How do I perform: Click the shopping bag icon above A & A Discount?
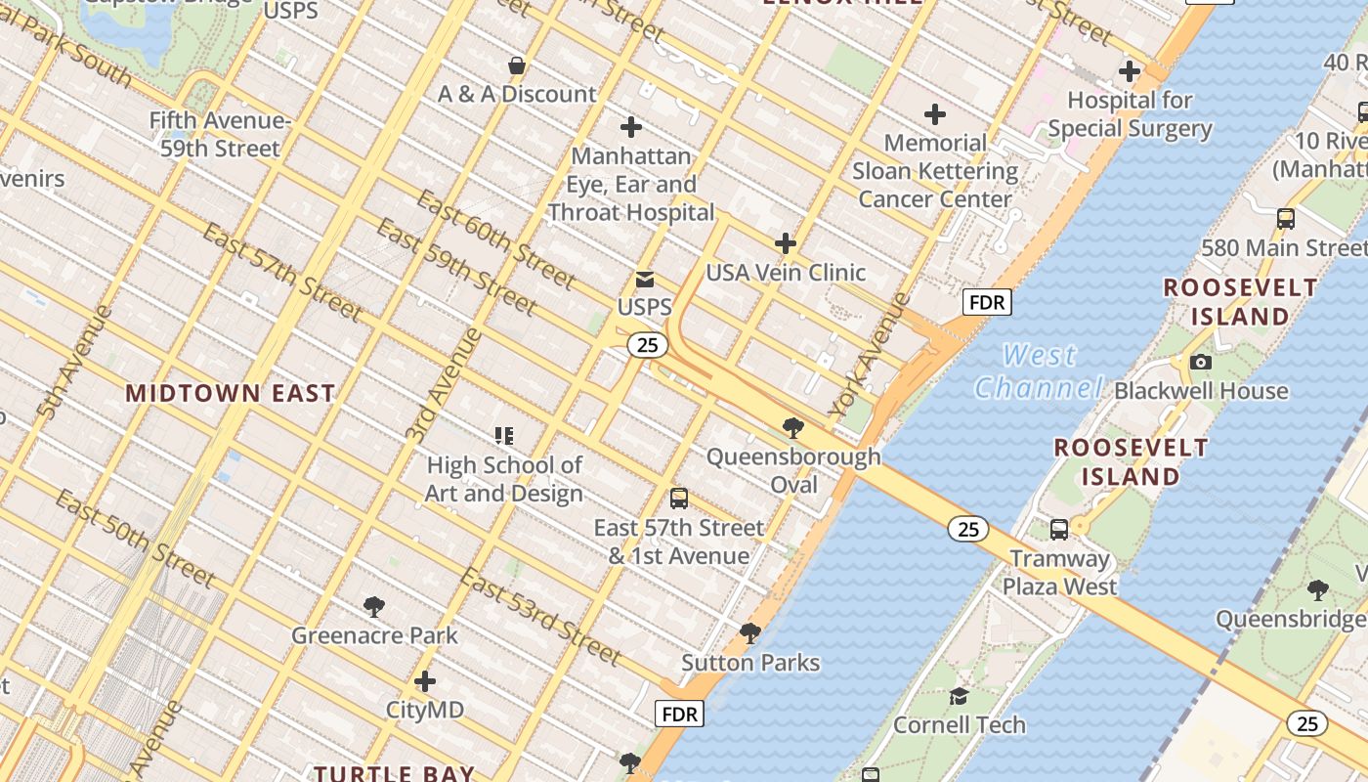[x=517, y=66]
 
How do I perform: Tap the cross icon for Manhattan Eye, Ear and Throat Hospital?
[x=631, y=127]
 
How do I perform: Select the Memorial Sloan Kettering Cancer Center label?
[x=935, y=171]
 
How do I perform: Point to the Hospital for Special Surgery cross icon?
[x=1130, y=71]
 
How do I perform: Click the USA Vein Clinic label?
[x=786, y=273]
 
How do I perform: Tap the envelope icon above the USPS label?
[x=645, y=280]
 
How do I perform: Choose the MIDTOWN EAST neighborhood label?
[x=231, y=393]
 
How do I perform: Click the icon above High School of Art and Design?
[x=504, y=436]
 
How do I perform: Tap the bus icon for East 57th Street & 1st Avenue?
[x=679, y=499]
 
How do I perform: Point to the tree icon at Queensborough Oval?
[x=793, y=427]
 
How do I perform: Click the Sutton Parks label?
[x=750, y=663]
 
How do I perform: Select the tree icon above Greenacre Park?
[x=374, y=607]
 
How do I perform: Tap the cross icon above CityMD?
[x=425, y=681]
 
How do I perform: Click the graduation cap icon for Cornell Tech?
[x=960, y=696]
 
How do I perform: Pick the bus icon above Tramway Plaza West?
[x=1059, y=530]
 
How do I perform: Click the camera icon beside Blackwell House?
[x=1201, y=363]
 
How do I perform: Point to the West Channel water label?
[x=1039, y=371]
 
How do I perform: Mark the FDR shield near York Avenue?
[x=987, y=302]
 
